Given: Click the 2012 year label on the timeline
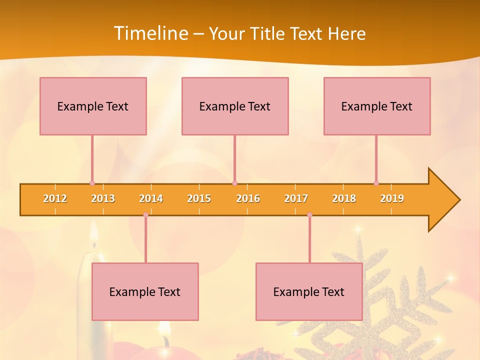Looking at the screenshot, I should [x=55, y=198].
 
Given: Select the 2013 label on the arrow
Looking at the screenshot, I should [x=103, y=198].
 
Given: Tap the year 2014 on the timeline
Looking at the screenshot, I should [x=151, y=198].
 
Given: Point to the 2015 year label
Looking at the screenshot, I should [x=199, y=198].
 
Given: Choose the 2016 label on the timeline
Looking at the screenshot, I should [x=248, y=198].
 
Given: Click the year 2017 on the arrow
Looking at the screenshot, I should [x=296, y=198].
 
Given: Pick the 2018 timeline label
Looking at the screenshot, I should [x=344, y=198].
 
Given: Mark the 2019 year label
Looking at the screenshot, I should [x=392, y=198].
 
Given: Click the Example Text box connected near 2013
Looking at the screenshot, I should [x=93, y=106].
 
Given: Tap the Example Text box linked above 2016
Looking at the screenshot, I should [x=235, y=106].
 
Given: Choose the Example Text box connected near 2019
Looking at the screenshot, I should [x=377, y=106].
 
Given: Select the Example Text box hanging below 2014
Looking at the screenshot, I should [x=145, y=291].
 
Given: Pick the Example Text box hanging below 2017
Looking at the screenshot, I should [x=309, y=291].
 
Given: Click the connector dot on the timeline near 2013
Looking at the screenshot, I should [x=92, y=183].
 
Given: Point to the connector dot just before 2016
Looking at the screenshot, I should [x=235, y=183].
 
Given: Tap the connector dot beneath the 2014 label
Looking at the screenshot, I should [x=145, y=215].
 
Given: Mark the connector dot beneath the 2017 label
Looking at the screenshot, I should [x=309, y=215].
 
